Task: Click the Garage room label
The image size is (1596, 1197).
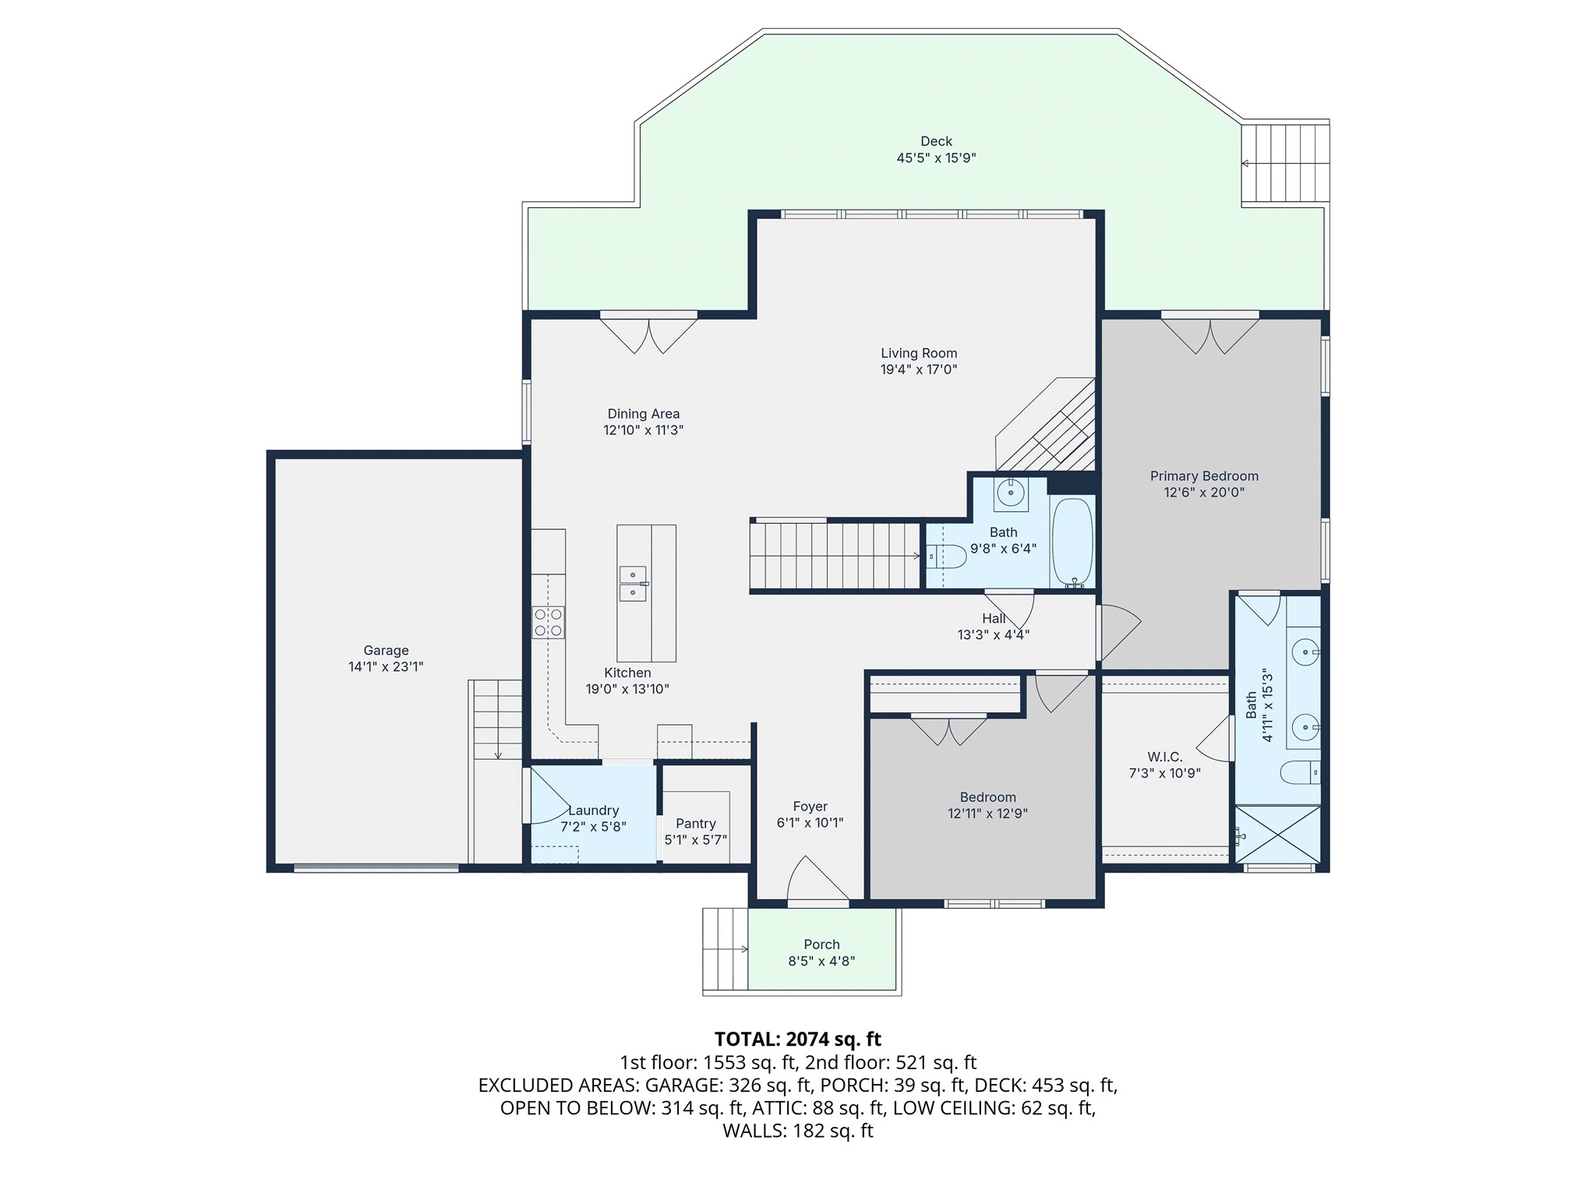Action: coord(386,651)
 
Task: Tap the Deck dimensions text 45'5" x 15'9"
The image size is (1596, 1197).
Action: coord(936,158)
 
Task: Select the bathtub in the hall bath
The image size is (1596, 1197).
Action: coord(1072,542)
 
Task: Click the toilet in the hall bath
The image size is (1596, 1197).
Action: coord(947,556)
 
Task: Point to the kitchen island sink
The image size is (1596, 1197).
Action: coord(633,584)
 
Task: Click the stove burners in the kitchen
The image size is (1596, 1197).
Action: coord(549,623)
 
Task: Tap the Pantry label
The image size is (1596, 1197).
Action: coord(696,824)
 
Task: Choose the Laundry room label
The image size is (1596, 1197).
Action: coord(594,810)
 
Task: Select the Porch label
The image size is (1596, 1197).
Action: coord(821,945)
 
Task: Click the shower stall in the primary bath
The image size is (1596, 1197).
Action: coord(1278,835)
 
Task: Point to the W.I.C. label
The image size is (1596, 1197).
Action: coord(1165,757)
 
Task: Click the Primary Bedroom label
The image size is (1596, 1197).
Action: coord(1204,476)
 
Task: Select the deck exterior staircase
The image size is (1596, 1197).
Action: coord(1284,163)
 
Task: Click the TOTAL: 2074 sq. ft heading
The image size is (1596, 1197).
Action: coord(798,1039)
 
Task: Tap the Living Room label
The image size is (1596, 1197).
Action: coord(919,353)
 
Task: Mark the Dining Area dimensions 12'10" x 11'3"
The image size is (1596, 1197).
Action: coord(644,430)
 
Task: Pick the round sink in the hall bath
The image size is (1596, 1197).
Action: coord(1011,493)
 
